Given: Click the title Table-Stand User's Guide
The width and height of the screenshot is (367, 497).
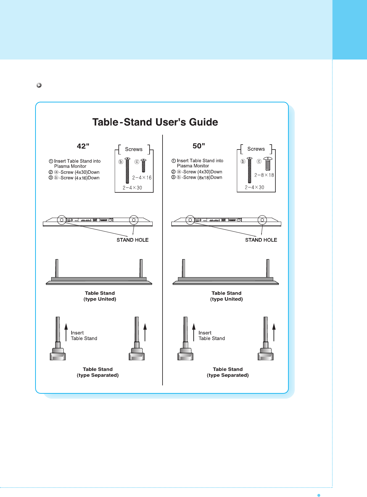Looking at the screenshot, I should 155,122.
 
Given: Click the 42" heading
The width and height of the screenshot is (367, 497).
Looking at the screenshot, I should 83,146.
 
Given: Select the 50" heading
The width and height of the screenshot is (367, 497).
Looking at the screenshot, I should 199,146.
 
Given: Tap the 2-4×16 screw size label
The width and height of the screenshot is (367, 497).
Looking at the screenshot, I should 142,178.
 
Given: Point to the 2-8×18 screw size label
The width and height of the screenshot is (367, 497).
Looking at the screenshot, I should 264,175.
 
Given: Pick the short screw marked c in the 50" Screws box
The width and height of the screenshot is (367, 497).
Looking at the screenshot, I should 268,164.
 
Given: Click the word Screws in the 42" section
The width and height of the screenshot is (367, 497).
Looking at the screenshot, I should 134,149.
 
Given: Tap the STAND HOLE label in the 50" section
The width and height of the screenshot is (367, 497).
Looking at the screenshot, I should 261,240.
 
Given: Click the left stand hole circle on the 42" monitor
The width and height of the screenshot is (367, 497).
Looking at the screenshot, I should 62,220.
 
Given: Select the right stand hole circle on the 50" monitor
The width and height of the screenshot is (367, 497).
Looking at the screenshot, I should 262,220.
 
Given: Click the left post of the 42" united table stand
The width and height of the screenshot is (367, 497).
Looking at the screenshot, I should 57,268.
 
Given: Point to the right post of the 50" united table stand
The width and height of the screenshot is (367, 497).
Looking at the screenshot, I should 268,268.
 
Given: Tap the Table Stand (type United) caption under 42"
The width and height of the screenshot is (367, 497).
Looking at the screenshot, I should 100,296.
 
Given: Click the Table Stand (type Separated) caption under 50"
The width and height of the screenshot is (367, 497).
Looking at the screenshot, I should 228,372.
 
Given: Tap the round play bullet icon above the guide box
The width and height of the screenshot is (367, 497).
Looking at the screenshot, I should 39,85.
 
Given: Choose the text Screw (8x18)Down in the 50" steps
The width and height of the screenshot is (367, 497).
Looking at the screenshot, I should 202,178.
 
